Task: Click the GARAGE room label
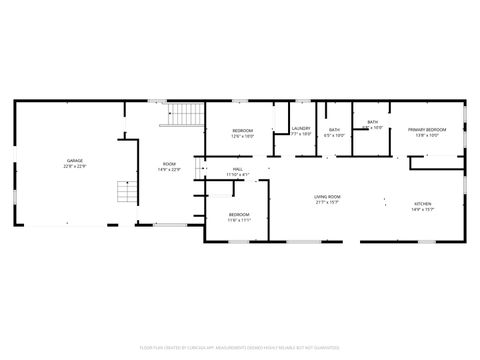coord(74,160)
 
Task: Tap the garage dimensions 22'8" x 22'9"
coord(74,166)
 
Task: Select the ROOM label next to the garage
coord(169,164)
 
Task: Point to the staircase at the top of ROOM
coord(183,116)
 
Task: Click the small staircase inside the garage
coord(124,191)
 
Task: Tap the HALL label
coord(238,169)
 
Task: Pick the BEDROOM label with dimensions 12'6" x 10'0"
coord(242,130)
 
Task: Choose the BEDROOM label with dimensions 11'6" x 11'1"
coord(238,214)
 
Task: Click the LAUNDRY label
coord(301,128)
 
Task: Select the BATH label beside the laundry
coord(335,129)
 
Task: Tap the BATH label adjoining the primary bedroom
coord(372,122)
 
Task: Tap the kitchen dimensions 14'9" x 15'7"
coord(423,210)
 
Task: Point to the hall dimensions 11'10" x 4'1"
coord(238,175)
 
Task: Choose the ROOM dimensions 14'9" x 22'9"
coord(169,170)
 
